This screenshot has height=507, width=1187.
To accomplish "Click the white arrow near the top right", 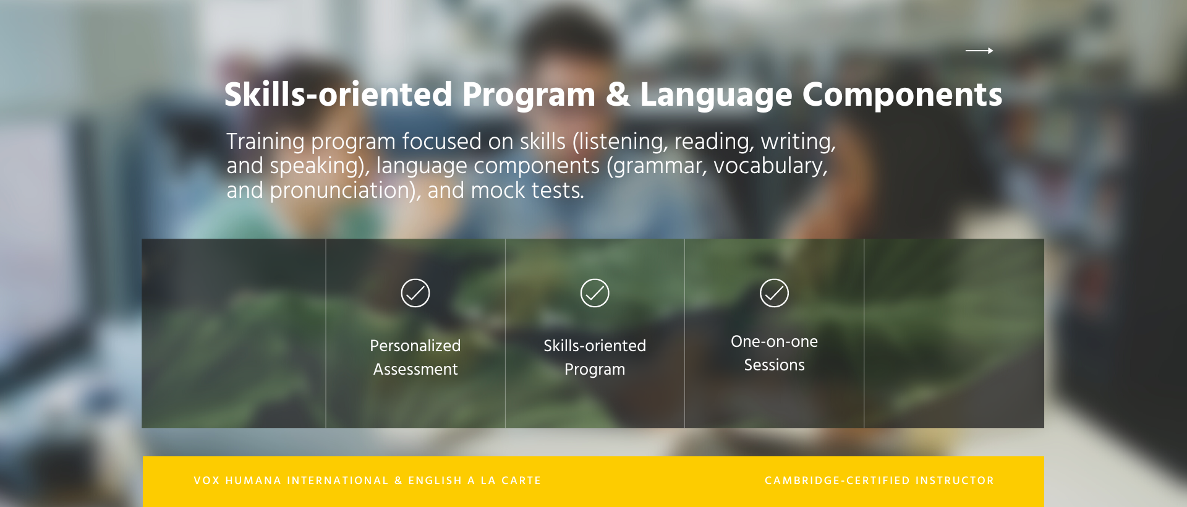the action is tap(979, 51).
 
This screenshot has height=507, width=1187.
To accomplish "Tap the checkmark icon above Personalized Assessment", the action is tap(415, 293).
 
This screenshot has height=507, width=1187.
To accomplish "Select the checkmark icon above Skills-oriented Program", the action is tap(595, 293).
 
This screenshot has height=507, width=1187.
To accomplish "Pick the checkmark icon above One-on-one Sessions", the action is tap(774, 293).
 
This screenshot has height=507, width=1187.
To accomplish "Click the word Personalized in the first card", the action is tap(415, 346).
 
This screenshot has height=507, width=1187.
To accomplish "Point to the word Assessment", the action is tap(415, 369).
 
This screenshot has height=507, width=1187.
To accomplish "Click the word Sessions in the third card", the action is tap(774, 365).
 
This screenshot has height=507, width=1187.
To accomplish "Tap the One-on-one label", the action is tap(774, 341).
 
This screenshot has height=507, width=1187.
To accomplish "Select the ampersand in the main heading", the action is tap(618, 95).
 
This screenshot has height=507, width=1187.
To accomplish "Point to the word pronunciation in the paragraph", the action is tap(342, 190).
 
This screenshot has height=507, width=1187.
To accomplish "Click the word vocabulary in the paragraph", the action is tap(770, 166).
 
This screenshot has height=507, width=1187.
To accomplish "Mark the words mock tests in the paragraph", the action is tap(527, 190).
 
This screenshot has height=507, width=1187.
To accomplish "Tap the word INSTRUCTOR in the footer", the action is tap(955, 480).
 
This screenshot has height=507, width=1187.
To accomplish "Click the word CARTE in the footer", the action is tap(521, 480).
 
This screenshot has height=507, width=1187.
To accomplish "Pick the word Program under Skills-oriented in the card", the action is tap(595, 370).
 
